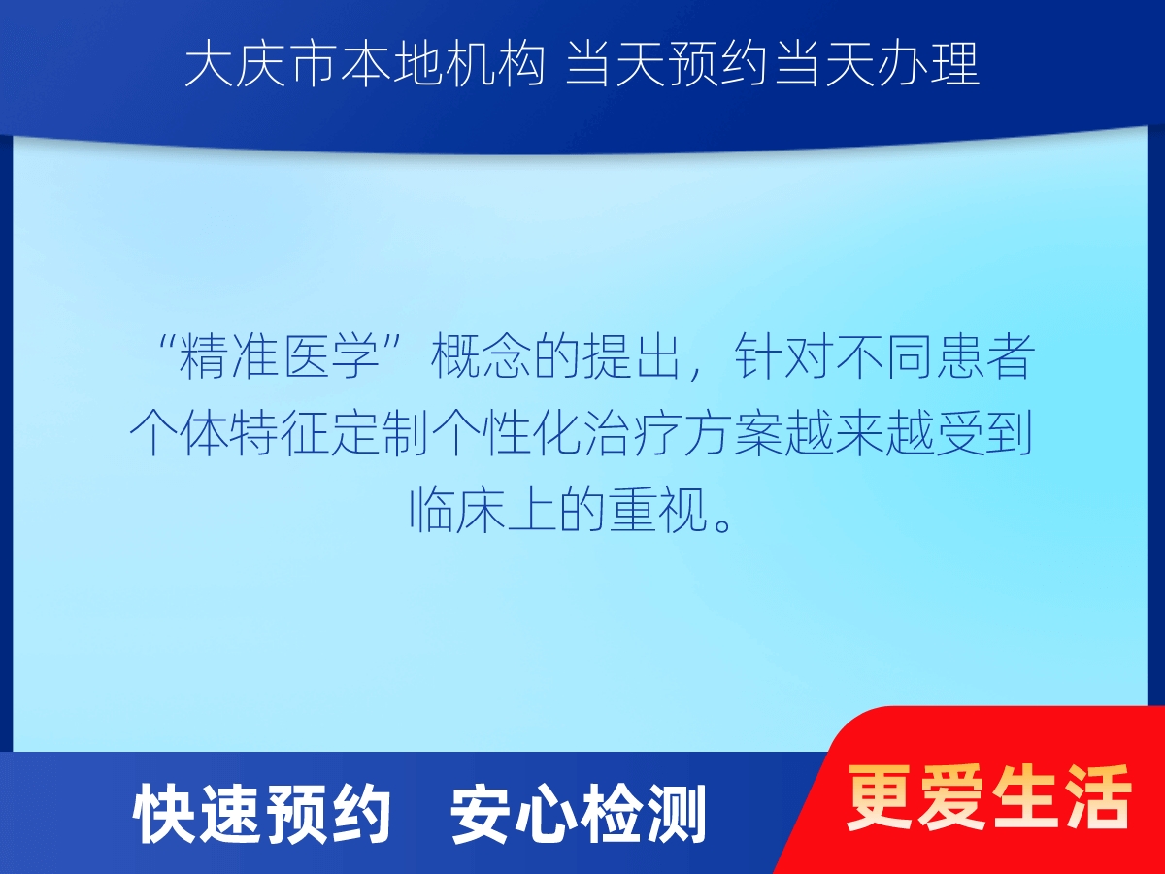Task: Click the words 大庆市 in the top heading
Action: point(260,65)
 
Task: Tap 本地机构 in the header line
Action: point(443,65)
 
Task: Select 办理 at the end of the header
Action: point(929,65)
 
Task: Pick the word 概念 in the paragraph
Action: point(480,356)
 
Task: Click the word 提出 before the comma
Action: point(632,356)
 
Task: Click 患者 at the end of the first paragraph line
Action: point(985,356)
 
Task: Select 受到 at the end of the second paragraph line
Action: point(984,432)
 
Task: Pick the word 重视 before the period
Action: point(658,509)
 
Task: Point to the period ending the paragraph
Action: point(723,523)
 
